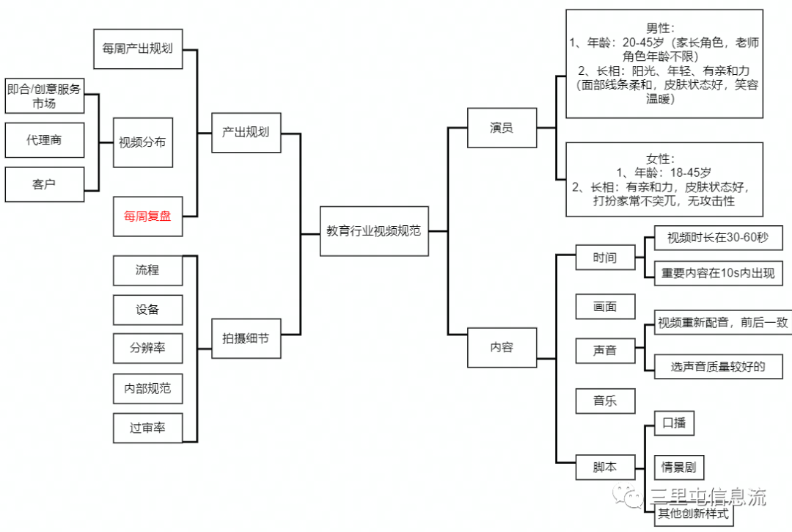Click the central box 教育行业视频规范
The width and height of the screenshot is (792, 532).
pyautogui.click(x=374, y=231)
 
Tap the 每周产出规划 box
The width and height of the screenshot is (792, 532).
pyautogui.click(x=138, y=49)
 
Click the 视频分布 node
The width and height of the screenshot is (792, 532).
pyautogui.click(x=143, y=142)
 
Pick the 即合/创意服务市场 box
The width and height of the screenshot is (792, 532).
pyautogui.click(x=44, y=96)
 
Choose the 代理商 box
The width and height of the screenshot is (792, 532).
pyautogui.click(x=44, y=140)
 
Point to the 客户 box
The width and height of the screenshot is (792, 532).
pyautogui.click(x=44, y=184)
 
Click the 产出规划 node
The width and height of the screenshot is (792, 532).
pyautogui.click(x=246, y=132)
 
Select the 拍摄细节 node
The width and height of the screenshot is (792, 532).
pyautogui.click(x=246, y=338)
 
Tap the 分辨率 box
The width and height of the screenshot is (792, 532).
pyautogui.click(x=147, y=349)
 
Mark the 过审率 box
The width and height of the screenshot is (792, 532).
pyautogui.click(x=147, y=428)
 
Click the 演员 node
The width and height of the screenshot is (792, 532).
pyautogui.click(x=502, y=128)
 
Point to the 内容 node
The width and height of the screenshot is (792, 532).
pyautogui.click(x=502, y=347)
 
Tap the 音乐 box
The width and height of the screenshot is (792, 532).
pyautogui.click(x=605, y=401)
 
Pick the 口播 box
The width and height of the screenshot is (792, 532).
pyautogui.click(x=673, y=423)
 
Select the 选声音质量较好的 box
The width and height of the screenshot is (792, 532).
pyautogui.click(x=717, y=365)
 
